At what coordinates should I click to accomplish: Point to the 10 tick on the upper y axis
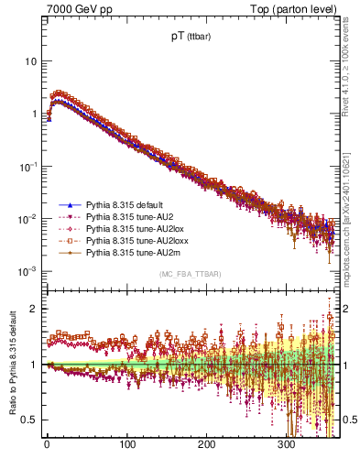tap(30, 61)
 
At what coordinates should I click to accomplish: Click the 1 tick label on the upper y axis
tap(33, 115)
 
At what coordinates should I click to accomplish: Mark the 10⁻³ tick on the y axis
tap(27, 272)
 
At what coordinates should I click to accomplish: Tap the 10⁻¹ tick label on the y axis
tap(27, 167)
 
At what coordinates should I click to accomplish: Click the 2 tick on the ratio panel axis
tap(33, 309)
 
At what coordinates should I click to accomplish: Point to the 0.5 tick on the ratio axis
tap(29, 420)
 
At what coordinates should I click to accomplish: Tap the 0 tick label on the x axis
tap(46, 444)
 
